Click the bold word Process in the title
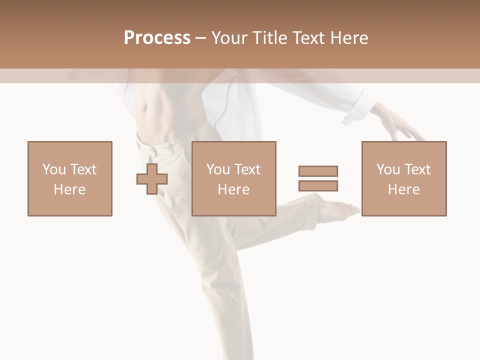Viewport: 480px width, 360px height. click(x=157, y=38)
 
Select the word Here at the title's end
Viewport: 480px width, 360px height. click(x=350, y=38)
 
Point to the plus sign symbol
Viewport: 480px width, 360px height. click(x=152, y=178)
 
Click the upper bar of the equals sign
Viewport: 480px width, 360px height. click(x=318, y=171)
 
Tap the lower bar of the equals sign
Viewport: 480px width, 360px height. click(x=318, y=185)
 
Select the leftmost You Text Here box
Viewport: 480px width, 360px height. click(x=70, y=178)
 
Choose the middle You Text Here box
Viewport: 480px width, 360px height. click(x=233, y=178)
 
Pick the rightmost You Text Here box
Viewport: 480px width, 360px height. click(x=403, y=178)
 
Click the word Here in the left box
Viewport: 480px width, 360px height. click(x=69, y=189)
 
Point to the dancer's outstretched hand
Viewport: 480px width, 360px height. click(x=400, y=125)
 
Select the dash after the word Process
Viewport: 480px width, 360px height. click(x=200, y=38)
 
